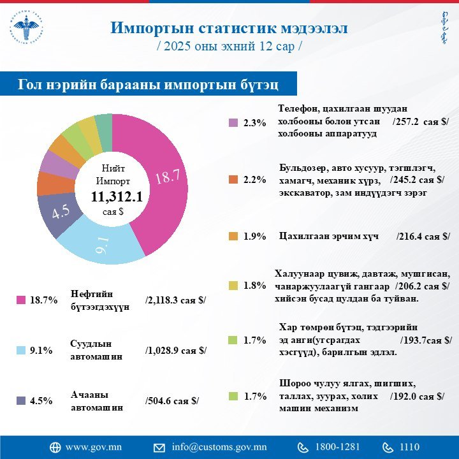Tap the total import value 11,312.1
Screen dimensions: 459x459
coord(116,198)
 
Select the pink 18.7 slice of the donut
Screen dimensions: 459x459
coord(164,178)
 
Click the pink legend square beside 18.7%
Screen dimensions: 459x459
coord(20,300)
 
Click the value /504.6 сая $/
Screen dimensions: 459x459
coord(172,401)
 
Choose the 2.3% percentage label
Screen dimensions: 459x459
coord(255,123)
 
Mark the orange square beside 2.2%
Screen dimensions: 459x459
coord(233,180)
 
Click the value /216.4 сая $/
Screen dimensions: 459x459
coord(423,237)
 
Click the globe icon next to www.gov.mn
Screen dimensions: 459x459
coord(55,447)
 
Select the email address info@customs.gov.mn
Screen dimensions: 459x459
coord(219,447)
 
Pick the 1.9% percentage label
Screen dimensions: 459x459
coord(255,237)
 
